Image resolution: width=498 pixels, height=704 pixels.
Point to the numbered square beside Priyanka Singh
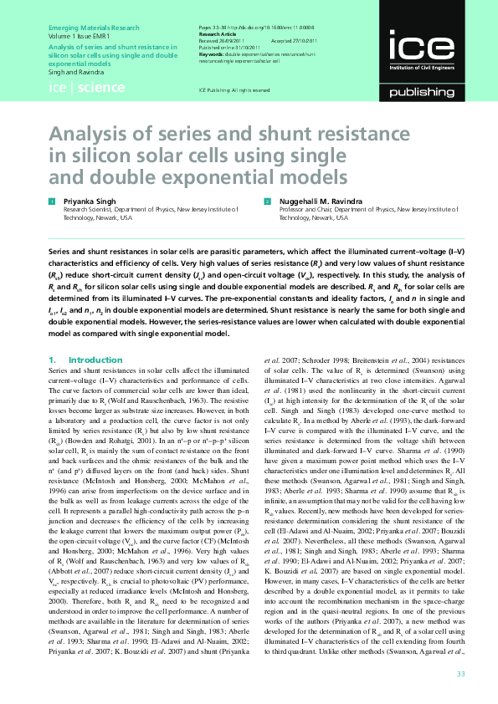point(52,202)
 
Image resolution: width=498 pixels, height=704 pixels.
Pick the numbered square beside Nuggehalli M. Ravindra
point(268,202)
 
